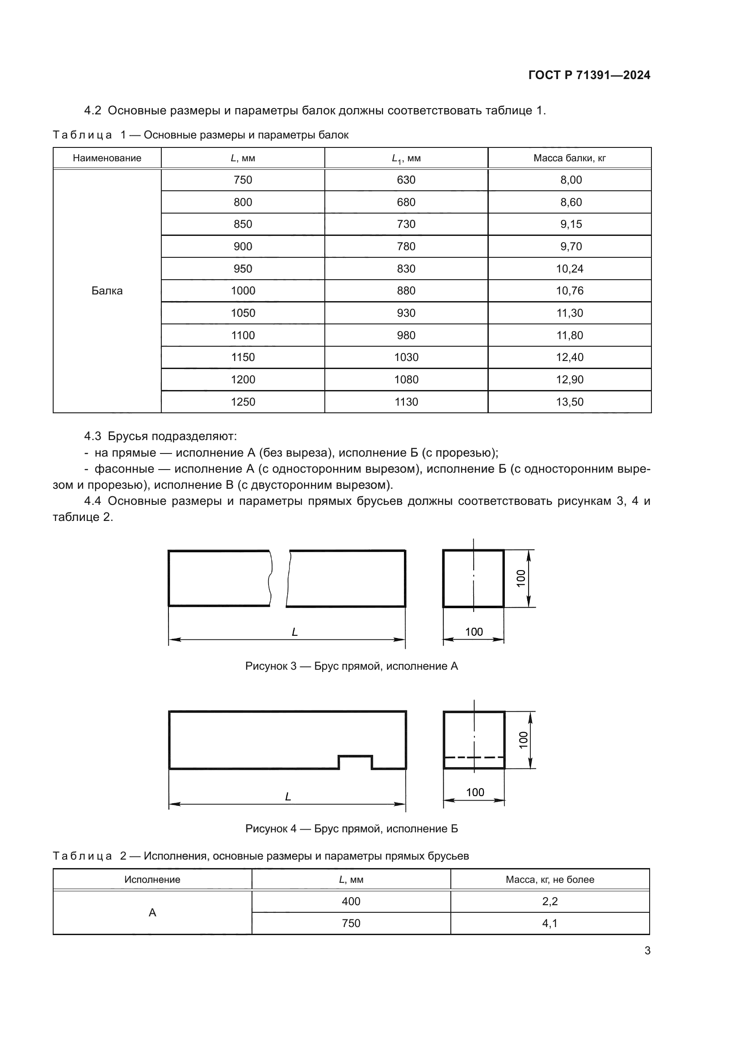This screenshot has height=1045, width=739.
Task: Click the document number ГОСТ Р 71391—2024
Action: pos(589,75)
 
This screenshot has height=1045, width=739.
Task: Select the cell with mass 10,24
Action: pos(569,269)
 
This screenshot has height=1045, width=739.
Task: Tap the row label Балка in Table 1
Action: pos(107,291)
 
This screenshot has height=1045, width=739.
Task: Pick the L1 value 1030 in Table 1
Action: pos(406,357)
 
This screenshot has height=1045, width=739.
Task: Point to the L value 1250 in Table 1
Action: pos(243,402)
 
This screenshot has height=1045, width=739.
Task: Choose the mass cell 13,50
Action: pos(569,402)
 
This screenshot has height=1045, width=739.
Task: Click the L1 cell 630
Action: pos(406,180)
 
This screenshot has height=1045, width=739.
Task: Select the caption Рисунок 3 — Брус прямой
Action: pos(351,666)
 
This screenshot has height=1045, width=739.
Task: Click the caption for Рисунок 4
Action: pos(351,829)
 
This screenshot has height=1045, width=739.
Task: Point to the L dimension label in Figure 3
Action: pos(294,632)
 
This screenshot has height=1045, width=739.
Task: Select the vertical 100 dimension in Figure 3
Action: pos(521,578)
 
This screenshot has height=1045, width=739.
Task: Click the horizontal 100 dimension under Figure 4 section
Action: pos(474,793)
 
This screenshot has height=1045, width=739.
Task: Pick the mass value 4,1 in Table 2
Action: pos(550,923)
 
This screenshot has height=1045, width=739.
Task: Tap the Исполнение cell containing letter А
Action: pos(152,913)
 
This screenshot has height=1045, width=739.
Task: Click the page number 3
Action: pos(647,950)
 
